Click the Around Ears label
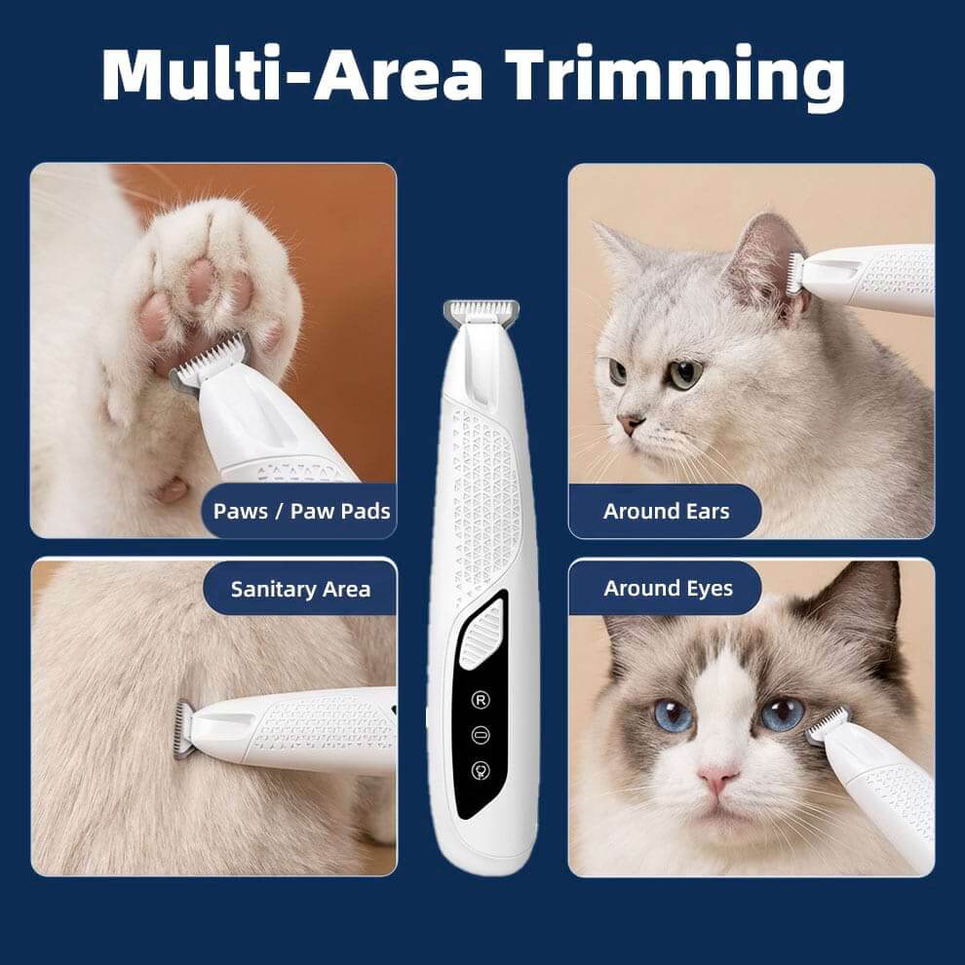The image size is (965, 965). pos(666,511)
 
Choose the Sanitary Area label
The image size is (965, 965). pos(300,589)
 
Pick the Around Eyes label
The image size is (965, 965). pos(668,588)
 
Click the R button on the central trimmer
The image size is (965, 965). pos(481,700)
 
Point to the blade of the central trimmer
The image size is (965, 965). pos(481,311)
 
